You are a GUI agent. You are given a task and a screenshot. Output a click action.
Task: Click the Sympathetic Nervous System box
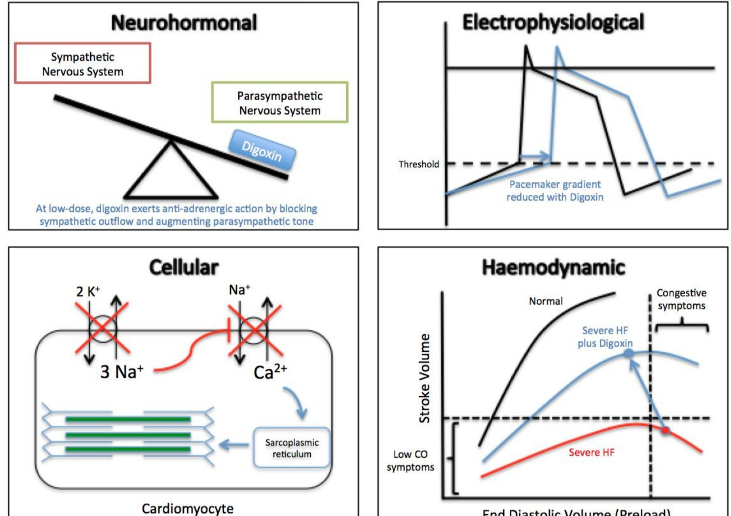[82, 64]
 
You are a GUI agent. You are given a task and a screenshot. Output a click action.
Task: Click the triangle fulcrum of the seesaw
[171, 172]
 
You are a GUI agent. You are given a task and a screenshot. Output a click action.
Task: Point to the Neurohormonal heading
[184, 23]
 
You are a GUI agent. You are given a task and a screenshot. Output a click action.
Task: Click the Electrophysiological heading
[553, 23]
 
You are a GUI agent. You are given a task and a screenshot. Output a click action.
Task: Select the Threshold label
[419, 164]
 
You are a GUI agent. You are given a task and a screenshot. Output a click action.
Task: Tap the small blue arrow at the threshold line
[535, 157]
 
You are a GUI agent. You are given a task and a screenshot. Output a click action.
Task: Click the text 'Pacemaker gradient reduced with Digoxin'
[555, 191]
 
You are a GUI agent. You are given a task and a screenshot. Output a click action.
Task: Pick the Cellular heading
[184, 267]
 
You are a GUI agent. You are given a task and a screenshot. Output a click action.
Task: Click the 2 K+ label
[88, 291]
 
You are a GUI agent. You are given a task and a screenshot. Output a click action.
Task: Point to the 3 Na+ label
[122, 372]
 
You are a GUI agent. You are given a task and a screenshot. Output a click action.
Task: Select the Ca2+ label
[270, 372]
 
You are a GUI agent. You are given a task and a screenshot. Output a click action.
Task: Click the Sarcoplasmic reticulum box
[292, 448]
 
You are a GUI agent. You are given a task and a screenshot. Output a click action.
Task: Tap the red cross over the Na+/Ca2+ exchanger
[254, 330]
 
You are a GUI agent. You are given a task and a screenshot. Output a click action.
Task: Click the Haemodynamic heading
[553, 268]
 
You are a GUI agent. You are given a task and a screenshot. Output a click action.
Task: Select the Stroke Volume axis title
[425, 378]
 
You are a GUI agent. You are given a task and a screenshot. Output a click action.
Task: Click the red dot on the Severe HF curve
[665, 431]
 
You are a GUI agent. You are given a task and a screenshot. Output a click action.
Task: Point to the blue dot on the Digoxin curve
[629, 353]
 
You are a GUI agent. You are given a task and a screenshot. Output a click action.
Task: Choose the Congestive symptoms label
[681, 299]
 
